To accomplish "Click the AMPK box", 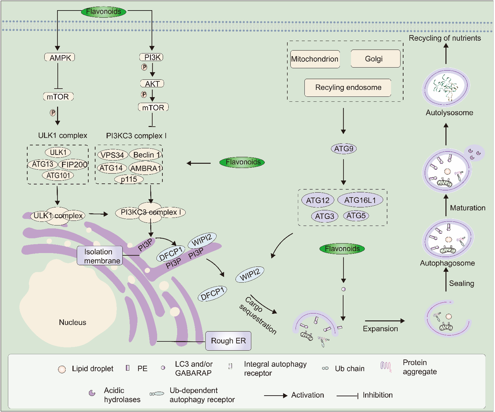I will click(x=60, y=58).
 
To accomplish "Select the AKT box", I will click(x=152, y=84).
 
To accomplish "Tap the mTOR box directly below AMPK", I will click(x=58, y=97).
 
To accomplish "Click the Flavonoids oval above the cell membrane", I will click(x=103, y=12).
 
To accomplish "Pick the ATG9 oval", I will click(x=344, y=149).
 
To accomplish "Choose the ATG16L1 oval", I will click(x=360, y=200).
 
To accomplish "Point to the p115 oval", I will click(x=129, y=179).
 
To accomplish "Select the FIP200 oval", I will click(x=74, y=164).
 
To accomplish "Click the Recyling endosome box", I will click(x=348, y=87).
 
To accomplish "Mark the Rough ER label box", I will click(x=228, y=341).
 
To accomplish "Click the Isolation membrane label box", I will click(x=100, y=256).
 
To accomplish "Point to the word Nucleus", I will click(x=72, y=322).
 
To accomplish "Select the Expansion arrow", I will click(x=384, y=321).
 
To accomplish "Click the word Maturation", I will click(x=467, y=208).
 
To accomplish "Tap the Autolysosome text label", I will click(x=449, y=113).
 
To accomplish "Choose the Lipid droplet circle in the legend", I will click(x=62, y=369).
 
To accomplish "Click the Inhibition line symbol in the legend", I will click(x=347, y=396).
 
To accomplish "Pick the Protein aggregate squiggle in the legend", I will click(x=386, y=366).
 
